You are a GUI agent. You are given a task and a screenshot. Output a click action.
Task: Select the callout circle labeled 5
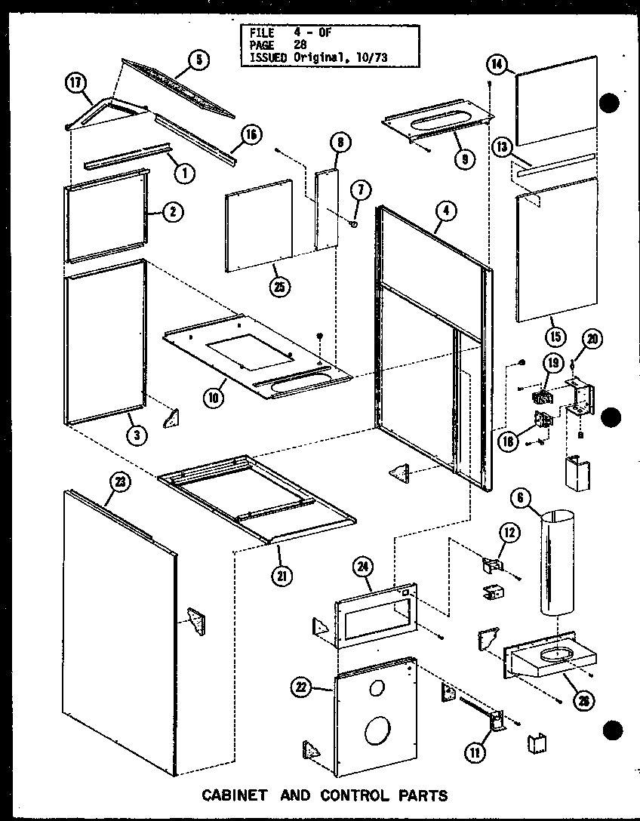tap(198, 61)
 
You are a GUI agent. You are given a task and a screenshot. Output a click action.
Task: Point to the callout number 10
tap(215, 398)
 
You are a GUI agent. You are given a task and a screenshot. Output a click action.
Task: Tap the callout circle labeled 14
tap(496, 65)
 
